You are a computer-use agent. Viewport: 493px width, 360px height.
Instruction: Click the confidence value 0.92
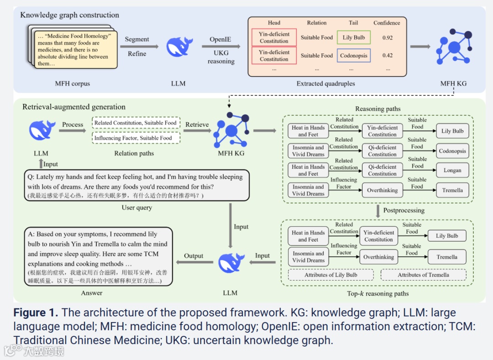tap(388, 37)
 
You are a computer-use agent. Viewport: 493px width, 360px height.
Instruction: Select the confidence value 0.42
tap(388, 56)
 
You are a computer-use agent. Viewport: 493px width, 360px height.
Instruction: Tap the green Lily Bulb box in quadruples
tap(354, 37)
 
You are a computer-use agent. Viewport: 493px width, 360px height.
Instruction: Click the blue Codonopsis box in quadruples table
tap(354, 56)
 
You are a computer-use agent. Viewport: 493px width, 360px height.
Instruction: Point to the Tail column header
tap(353, 23)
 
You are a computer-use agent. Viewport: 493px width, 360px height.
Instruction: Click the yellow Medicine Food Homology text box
tap(73, 50)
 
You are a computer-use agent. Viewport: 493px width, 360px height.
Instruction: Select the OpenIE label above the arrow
tap(220, 39)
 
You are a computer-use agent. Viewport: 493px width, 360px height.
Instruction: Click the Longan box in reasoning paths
tap(452, 170)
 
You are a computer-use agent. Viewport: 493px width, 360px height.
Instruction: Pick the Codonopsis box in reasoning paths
tap(452, 151)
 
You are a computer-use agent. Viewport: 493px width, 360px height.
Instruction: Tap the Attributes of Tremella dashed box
tap(423, 275)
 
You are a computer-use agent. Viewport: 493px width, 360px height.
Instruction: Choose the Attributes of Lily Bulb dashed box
tap(331, 275)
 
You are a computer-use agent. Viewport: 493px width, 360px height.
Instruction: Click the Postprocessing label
tap(404, 210)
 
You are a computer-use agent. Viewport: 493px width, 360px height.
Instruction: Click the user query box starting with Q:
tap(136, 185)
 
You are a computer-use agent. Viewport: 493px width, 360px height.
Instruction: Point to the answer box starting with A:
tap(98, 256)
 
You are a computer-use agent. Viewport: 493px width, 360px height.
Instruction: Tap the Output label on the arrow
tap(194, 256)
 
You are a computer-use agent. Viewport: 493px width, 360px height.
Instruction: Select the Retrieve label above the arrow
tap(197, 124)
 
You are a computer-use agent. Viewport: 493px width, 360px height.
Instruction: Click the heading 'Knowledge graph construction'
tap(69, 15)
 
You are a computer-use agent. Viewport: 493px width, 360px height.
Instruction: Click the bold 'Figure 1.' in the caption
tap(36, 313)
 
